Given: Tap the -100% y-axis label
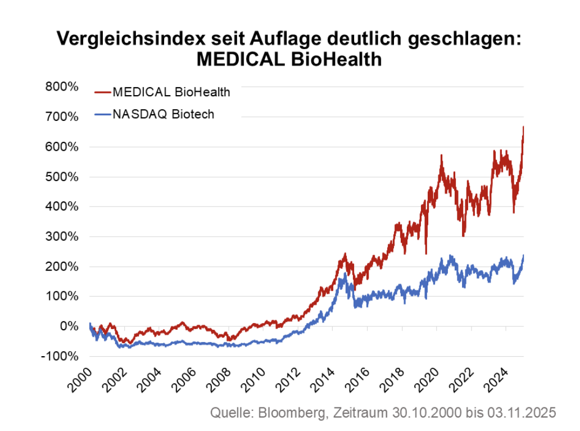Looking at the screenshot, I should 58,356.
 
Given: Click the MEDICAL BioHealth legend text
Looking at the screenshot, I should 171,92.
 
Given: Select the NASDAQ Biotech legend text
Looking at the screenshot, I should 163,114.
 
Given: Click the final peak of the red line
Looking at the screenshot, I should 523,127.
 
